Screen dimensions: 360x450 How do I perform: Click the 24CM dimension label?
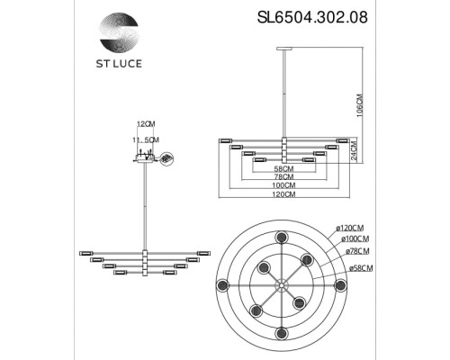tap(357, 149)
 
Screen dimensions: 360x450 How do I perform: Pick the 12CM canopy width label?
tap(146, 126)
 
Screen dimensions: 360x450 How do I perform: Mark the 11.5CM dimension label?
tap(146, 140)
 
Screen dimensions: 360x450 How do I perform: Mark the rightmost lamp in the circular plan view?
tap(342, 284)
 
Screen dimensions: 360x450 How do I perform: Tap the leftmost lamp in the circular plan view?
tap(220, 284)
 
